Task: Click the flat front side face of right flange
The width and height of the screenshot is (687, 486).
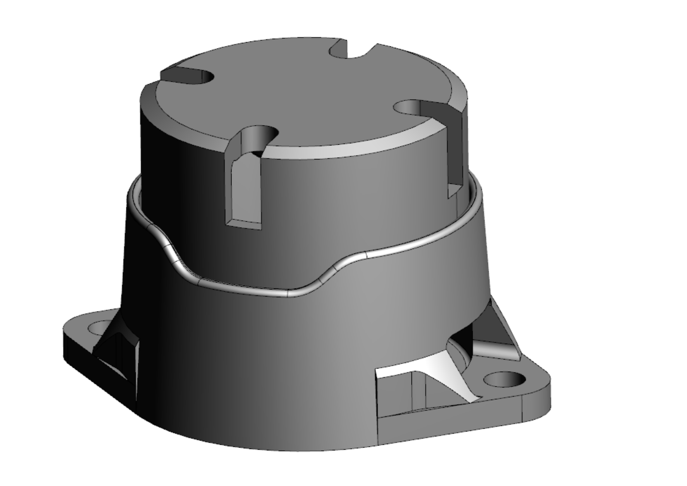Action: click(451, 421)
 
